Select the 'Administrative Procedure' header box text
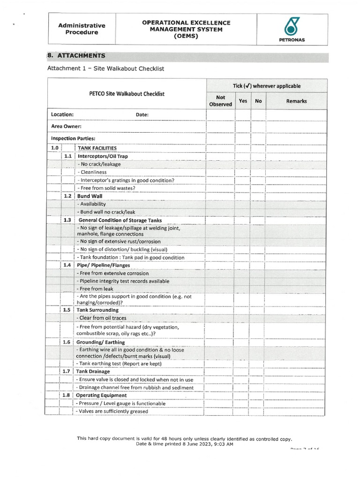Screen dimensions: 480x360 [x=82, y=29]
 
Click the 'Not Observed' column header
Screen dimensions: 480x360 [x=220, y=101]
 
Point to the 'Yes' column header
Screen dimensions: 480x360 [x=243, y=101]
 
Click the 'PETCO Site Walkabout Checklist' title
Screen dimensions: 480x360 [x=127, y=94]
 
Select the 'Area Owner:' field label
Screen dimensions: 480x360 [x=66, y=126]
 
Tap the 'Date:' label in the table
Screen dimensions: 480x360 [x=142, y=114]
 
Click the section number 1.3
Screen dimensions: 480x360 [x=67, y=220]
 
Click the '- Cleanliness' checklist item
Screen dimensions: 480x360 [x=93, y=172]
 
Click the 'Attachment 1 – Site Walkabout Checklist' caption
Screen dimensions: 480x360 [x=105, y=68]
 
